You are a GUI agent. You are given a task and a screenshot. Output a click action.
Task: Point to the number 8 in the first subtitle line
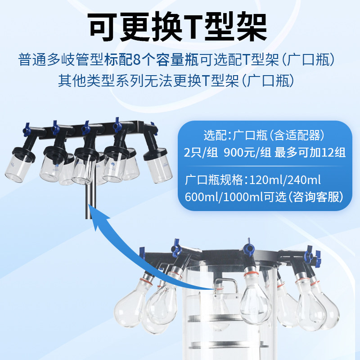point(149,59)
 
